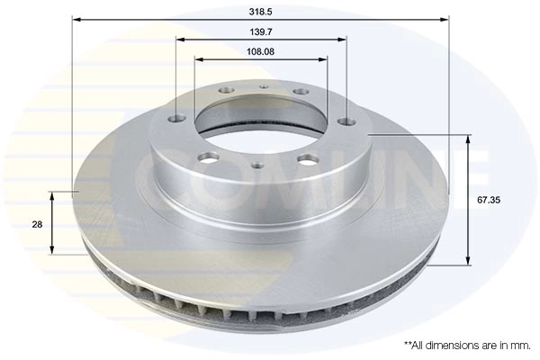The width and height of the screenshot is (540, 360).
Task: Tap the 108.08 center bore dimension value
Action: [x=260, y=51]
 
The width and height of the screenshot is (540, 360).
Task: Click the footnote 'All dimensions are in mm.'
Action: [x=468, y=345]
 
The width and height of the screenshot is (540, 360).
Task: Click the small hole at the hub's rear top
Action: [x=264, y=87]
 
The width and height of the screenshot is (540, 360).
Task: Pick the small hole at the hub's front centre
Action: [x=258, y=165]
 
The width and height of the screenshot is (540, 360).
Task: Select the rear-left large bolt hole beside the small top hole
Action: [x=225, y=91]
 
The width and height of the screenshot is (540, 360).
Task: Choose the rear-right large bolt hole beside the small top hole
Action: [x=301, y=92]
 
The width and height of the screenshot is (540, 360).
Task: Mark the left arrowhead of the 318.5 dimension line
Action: [x=76, y=18]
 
